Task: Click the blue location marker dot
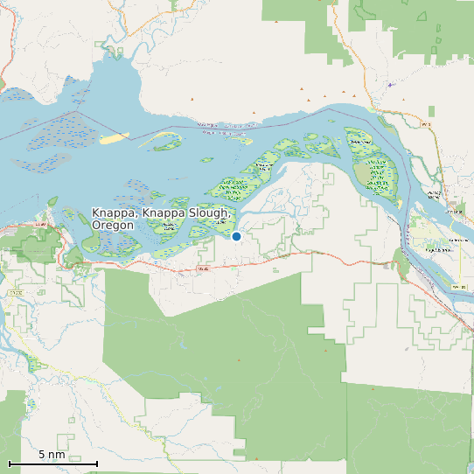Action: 236,236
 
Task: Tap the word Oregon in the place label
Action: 113,226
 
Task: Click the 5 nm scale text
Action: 52,455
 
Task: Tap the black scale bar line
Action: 52,464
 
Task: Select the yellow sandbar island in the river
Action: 114,138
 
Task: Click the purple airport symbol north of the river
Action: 390,85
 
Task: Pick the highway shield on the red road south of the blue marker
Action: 203,268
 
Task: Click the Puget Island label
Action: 436,249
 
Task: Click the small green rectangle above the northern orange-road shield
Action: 431,111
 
